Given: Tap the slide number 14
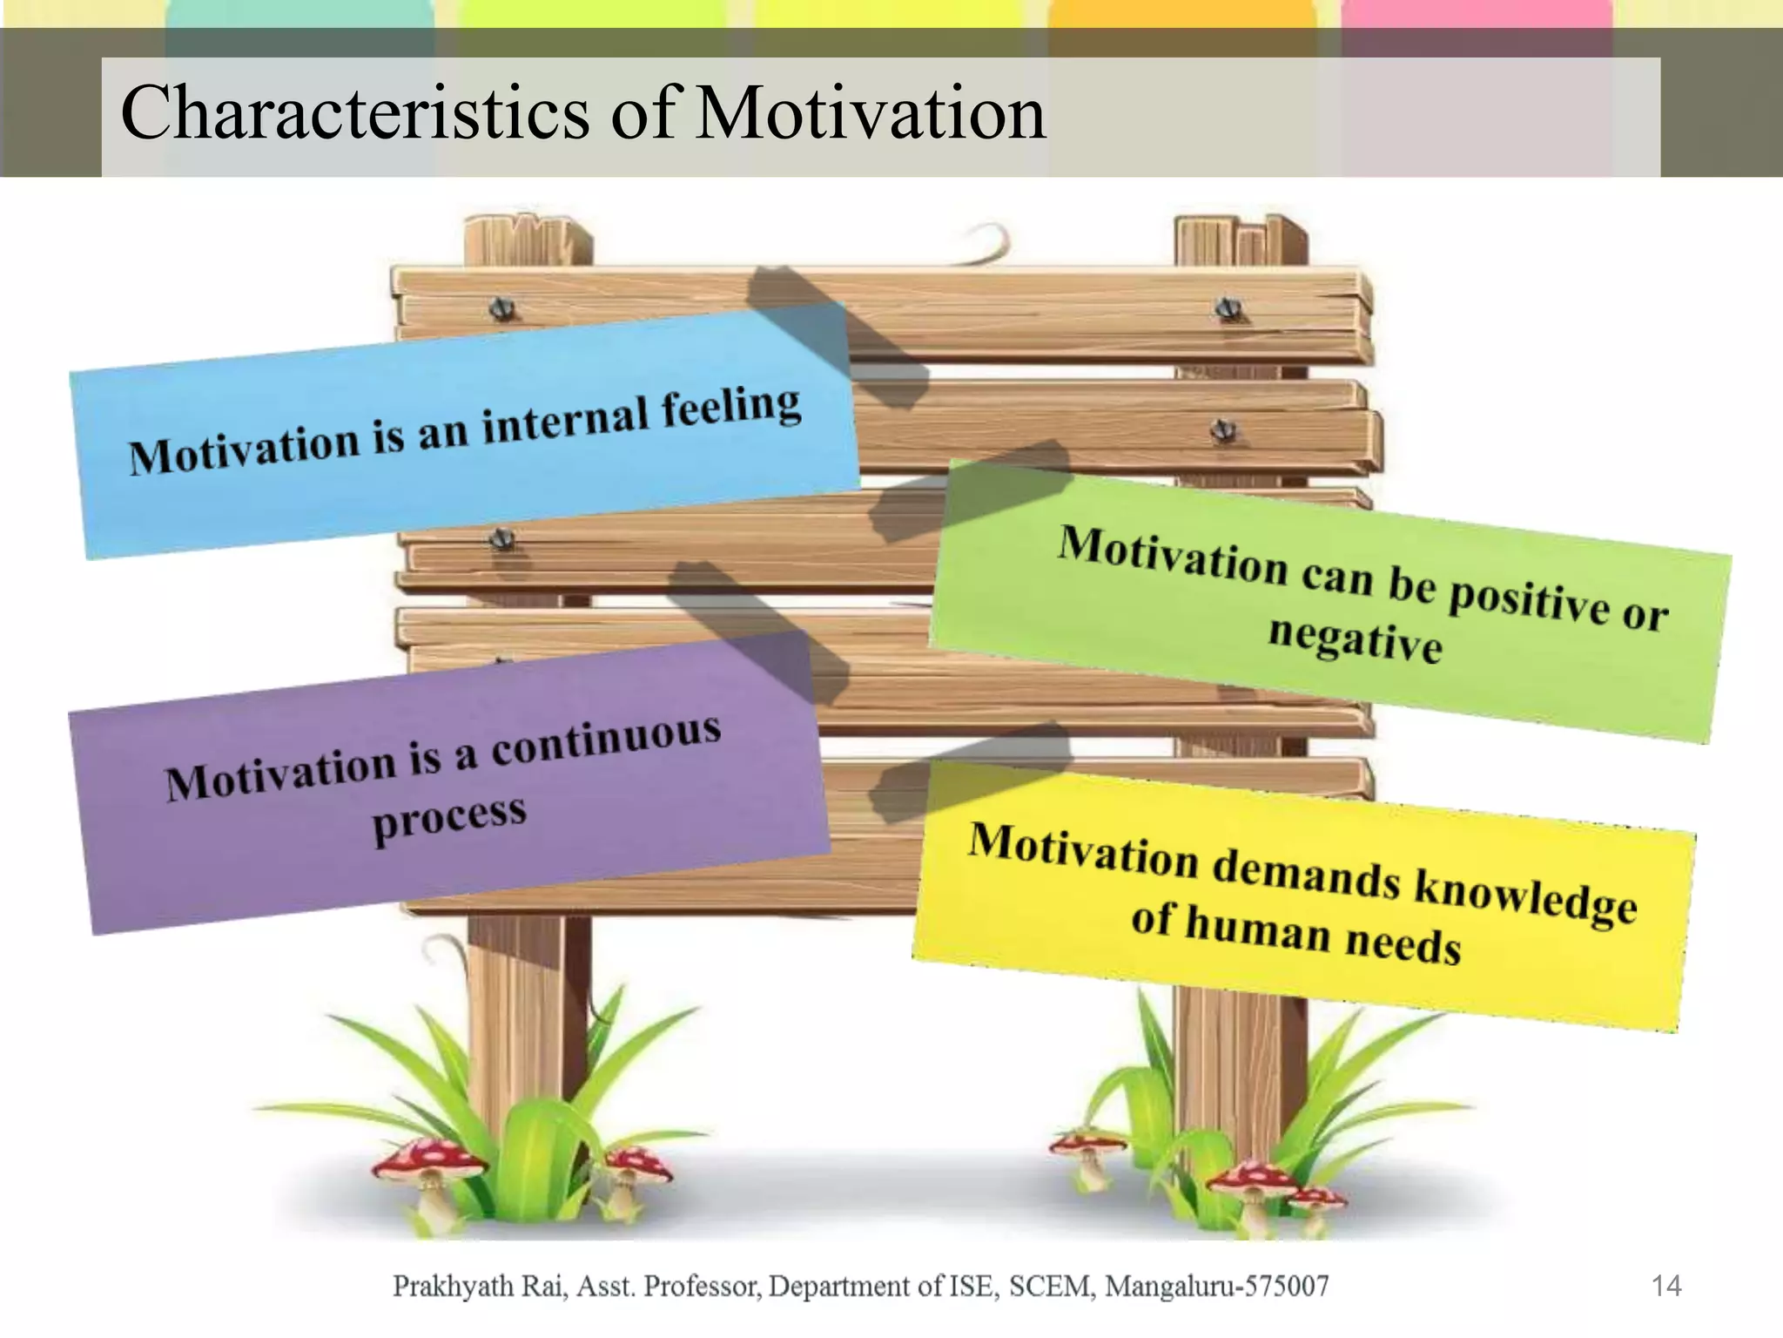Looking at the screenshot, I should tap(1665, 1286).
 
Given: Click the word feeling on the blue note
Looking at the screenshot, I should tap(731, 409).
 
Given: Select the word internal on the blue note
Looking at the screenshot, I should tap(566, 422).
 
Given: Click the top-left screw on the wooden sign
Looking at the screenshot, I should tap(501, 308).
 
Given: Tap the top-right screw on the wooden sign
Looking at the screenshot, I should tap(1228, 307).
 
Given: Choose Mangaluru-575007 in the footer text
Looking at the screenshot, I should tap(1216, 1286).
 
